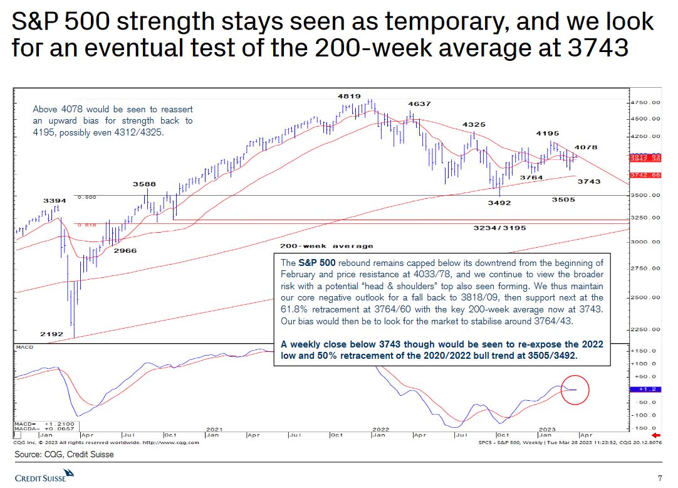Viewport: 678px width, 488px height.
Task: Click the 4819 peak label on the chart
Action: pyautogui.click(x=349, y=96)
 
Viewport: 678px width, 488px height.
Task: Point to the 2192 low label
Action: pyautogui.click(x=51, y=334)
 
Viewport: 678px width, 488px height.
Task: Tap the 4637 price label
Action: pyautogui.click(x=419, y=103)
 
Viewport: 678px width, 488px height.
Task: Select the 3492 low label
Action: pyautogui.click(x=499, y=203)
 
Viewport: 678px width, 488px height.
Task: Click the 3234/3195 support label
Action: pyautogui.click(x=499, y=228)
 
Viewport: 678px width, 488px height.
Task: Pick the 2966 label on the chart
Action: pyautogui.click(x=125, y=250)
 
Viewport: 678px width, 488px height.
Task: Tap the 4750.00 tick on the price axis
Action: pyautogui.click(x=645, y=102)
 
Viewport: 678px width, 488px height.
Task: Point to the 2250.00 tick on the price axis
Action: pyautogui.click(x=645, y=329)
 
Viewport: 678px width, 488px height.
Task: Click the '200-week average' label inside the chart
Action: pyautogui.click(x=326, y=246)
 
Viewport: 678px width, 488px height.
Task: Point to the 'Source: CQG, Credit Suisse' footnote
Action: pyautogui.click(x=65, y=454)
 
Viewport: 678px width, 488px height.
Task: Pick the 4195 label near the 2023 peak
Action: pyautogui.click(x=547, y=134)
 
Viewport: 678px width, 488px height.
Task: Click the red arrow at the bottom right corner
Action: pyautogui.click(x=656, y=435)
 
